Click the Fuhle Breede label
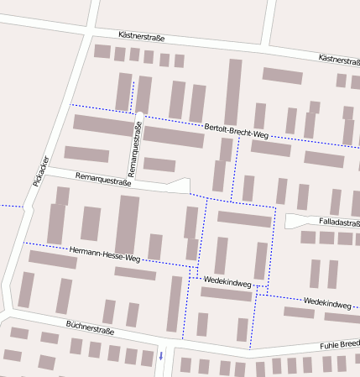tap(339, 345)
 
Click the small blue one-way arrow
tap(161, 357)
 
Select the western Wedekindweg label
tap(226, 284)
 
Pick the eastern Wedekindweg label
tap(327, 301)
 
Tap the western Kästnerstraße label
tap(142, 38)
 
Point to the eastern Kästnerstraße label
tap(339, 59)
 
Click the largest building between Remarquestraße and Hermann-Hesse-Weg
tap(128, 224)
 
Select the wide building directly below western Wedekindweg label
tap(226, 294)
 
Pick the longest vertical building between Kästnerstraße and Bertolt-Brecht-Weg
tap(233, 92)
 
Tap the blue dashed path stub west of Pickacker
tap(10, 205)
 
